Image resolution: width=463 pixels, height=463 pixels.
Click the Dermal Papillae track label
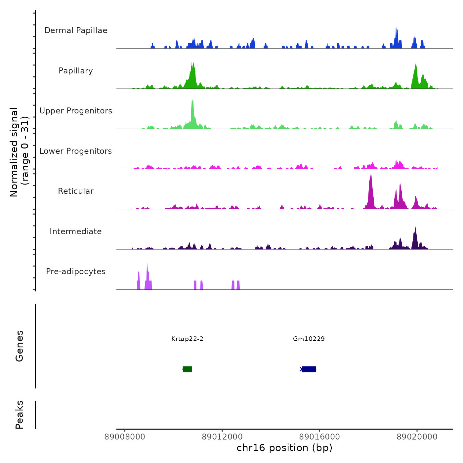(76, 30)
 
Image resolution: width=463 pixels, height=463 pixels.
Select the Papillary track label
(76, 71)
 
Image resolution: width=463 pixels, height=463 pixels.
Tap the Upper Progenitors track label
(76, 111)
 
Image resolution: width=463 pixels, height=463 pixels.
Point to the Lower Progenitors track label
(76, 151)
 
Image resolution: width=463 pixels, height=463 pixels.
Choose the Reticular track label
(76, 191)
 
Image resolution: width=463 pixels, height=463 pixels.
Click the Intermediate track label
(76, 232)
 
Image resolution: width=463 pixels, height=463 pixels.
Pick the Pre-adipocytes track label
(76, 272)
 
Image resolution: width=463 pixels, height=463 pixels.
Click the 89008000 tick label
(125, 437)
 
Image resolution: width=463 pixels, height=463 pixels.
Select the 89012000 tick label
(222, 437)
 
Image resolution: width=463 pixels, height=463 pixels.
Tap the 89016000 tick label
(319, 437)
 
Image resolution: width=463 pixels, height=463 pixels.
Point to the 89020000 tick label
(417, 437)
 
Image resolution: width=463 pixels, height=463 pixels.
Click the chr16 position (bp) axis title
(284, 448)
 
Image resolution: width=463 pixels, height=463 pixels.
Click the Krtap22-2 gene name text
(187, 339)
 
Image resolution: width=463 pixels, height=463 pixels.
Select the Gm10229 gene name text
(309, 339)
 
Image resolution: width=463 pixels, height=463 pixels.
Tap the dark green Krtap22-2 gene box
(188, 369)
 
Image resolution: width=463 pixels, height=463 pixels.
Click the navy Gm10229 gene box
(309, 369)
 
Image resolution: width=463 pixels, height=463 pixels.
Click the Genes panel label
(20, 346)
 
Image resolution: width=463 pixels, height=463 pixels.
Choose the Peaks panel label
(20, 415)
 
